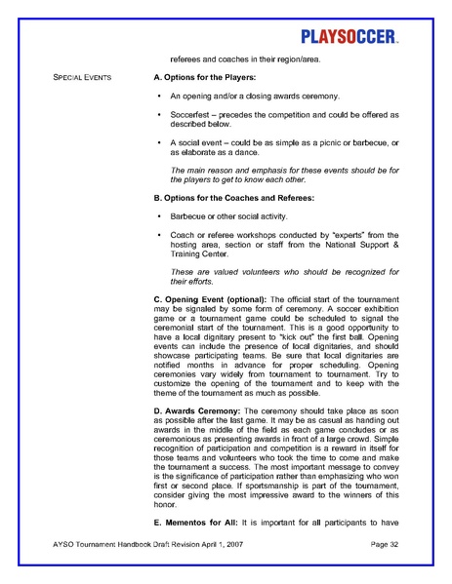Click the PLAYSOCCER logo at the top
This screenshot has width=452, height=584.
348,38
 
